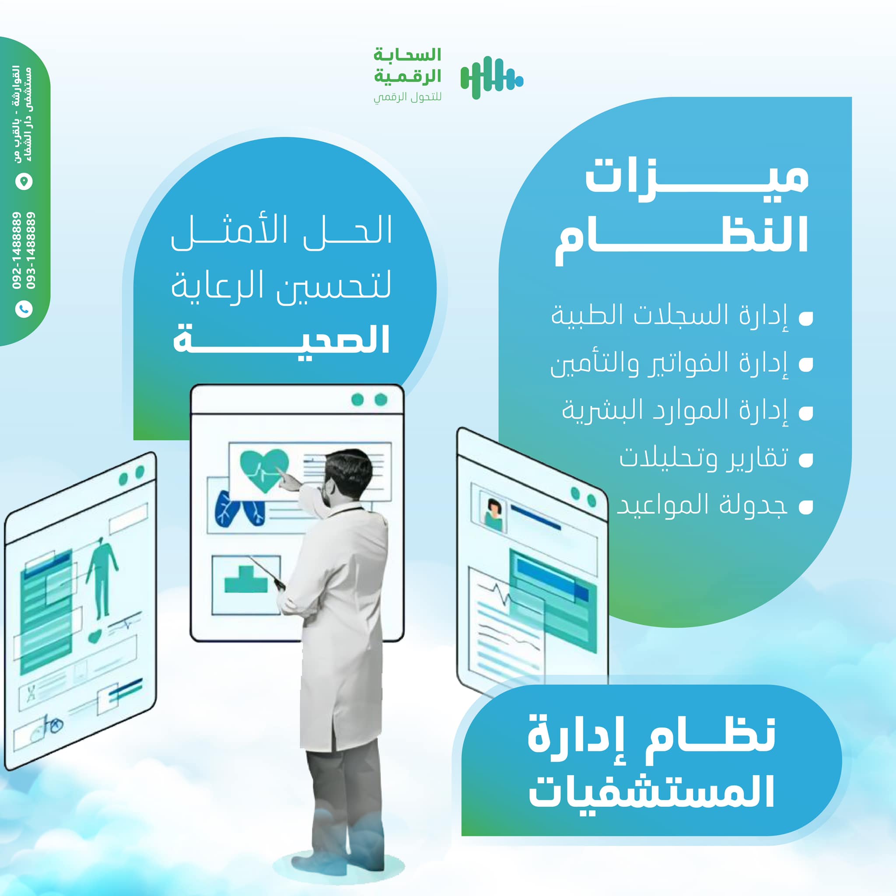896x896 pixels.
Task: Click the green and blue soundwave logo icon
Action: point(492,78)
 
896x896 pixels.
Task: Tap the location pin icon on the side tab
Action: point(24,181)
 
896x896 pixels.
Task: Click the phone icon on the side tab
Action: point(24,309)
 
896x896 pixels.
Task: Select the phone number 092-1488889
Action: point(17,251)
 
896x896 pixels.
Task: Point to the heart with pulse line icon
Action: point(264,471)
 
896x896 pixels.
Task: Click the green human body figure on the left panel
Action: point(102,577)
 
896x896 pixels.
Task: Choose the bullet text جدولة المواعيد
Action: point(702,505)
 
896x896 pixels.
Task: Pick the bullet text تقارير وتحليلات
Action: point(703,458)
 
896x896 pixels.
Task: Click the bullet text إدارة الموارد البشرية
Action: point(675,411)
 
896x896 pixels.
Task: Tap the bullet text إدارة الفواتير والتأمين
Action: point(669,364)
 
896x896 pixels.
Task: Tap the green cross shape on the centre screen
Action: point(246,579)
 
